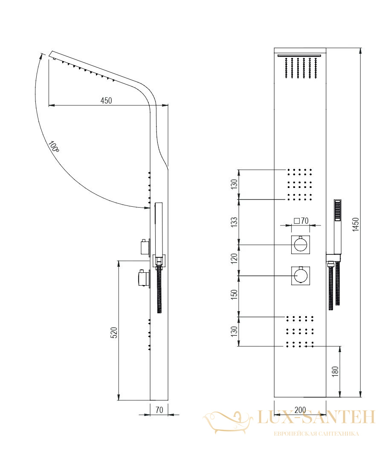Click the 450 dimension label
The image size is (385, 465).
coord(106,101)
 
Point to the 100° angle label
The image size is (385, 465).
coord(54,147)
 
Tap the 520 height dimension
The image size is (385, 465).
coord(114,332)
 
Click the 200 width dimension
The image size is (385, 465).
coord(300,410)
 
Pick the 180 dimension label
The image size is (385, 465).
coord(335,372)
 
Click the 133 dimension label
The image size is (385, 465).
coord(234,222)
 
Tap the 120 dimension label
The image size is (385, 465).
coord(234,259)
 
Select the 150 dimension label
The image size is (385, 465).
coord(234,295)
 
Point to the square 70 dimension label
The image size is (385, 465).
coord(301,221)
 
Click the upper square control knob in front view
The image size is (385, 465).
coord(301,245)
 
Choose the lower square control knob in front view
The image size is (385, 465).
coord(301,276)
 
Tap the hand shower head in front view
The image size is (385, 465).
coord(338,210)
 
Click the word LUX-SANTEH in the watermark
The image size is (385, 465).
coord(316,417)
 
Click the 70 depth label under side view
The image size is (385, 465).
coord(159,410)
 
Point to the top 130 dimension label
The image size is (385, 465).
coord(234,185)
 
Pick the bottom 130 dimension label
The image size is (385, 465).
coord(234,331)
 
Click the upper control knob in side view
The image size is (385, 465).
coord(145,248)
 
